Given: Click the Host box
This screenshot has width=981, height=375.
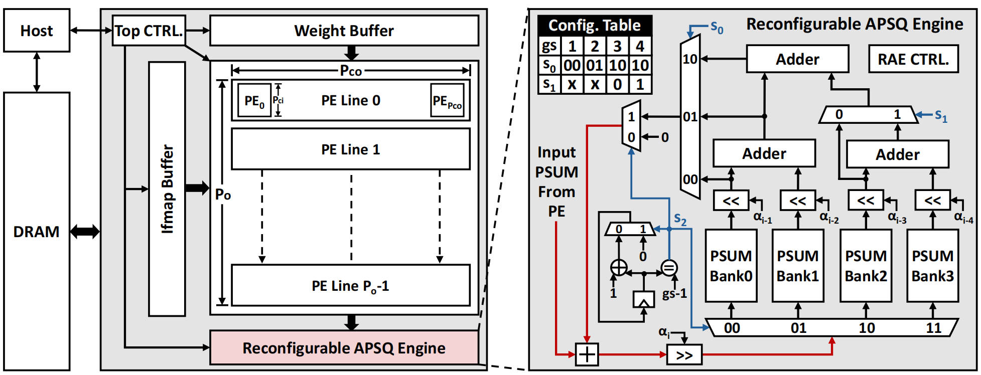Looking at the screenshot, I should [x=37, y=31].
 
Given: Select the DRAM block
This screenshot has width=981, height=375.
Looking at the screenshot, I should [x=37, y=231].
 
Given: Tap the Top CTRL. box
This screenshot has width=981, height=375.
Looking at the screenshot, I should [x=149, y=31].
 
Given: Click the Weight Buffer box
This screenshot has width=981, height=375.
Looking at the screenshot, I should [x=344, y=31].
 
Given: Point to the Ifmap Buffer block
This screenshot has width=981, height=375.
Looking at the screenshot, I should [x=167, y=189].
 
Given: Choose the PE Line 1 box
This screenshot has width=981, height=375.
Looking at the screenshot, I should [x=350, y=149].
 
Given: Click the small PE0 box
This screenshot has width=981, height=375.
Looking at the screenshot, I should [x=254, y=101].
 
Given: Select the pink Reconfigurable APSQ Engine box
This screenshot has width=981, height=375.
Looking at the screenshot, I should [x=344, y=347].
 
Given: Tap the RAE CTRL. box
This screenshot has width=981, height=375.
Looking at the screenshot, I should [x=913, y=59].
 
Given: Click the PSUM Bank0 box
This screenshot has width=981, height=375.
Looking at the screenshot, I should [x=731, y=266].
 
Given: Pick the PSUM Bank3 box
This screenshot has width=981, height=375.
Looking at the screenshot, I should [x=932, y=266].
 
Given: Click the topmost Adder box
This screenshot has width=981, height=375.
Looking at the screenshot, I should [x=797, y=59].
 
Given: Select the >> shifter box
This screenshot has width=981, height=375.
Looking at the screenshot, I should [x=684, y=355].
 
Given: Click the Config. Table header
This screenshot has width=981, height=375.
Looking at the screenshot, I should [x=595, y=25].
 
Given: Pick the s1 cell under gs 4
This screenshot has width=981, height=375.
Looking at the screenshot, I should [x=640, y=84].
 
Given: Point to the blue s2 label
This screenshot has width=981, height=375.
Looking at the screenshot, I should [x=680, y=219].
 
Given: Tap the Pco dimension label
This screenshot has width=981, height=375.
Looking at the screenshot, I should [x=351, y=71].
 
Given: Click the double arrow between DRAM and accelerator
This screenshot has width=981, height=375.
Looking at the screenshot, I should [x=85, y=231].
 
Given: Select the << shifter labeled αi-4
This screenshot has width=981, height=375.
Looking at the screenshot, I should [x=932, y=201].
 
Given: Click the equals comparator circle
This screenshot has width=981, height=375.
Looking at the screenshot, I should [x=669, y=268].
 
